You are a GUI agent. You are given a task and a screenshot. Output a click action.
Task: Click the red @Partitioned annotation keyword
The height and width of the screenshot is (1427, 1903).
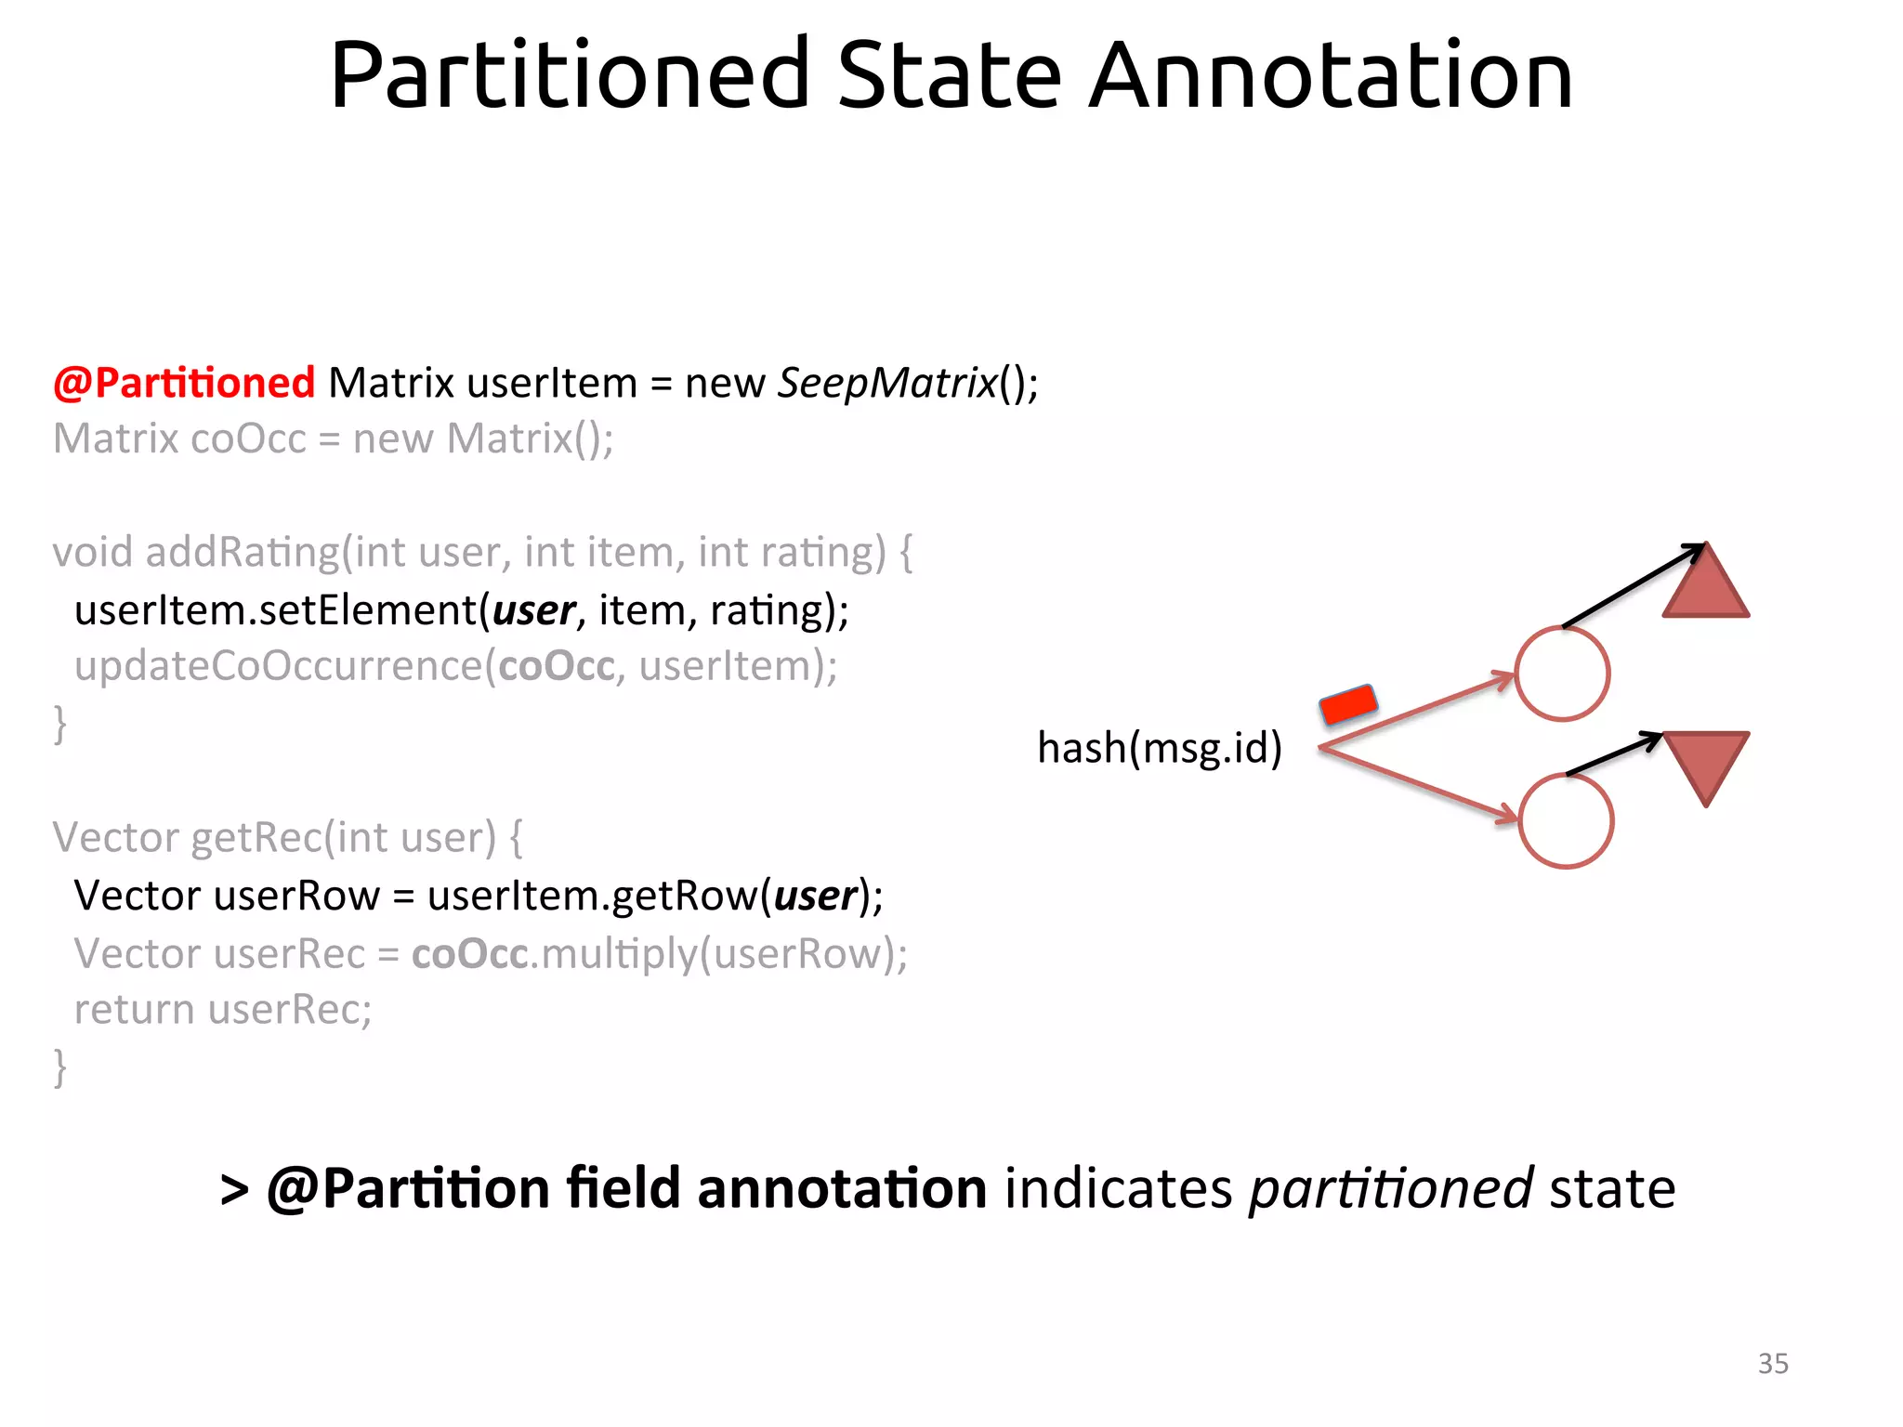click(184, 383)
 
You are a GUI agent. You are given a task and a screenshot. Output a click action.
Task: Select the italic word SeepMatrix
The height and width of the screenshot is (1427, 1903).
click(887, 383)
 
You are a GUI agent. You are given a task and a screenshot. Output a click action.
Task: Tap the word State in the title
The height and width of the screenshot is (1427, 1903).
click(949, 75)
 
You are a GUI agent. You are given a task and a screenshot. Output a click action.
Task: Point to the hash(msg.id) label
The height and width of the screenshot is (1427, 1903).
click(1159, 748)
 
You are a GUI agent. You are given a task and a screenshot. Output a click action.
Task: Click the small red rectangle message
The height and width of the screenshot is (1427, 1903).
click(1348, 704)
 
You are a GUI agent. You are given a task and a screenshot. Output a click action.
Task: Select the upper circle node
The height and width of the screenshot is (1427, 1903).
click(1562, 674)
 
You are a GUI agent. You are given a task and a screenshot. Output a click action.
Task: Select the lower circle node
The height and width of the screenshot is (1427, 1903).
click(1566, 821)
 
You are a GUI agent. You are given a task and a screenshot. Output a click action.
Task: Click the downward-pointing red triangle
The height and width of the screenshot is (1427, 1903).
click(1706, 760)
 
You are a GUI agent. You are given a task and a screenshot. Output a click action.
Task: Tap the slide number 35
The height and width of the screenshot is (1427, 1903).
click(1773, 1363)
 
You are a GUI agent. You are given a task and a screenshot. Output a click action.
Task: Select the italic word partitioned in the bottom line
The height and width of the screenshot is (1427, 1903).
click(1390, 1189)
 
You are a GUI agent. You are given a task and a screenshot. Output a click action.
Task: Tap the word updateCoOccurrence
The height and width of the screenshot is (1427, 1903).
click(279, 666)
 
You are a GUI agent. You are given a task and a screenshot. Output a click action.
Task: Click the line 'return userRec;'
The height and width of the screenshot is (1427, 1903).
click(223, 1010)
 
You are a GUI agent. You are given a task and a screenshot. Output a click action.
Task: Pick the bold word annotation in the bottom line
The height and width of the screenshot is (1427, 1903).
click(842, 1189)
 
